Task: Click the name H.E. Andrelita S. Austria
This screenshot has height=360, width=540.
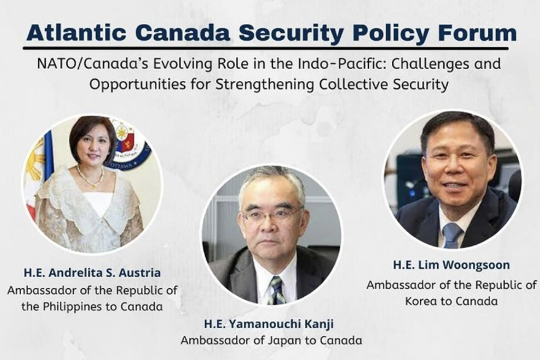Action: tap(92, 273)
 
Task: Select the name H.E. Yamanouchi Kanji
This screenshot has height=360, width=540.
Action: tap(269, 324)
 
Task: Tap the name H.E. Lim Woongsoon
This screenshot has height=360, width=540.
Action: tap(451, 265)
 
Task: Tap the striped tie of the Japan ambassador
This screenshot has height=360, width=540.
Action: tap(278, 290)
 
